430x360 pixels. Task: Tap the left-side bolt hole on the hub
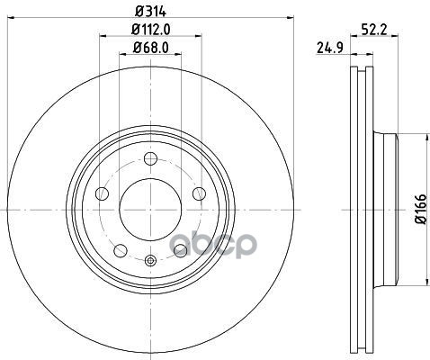102,193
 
